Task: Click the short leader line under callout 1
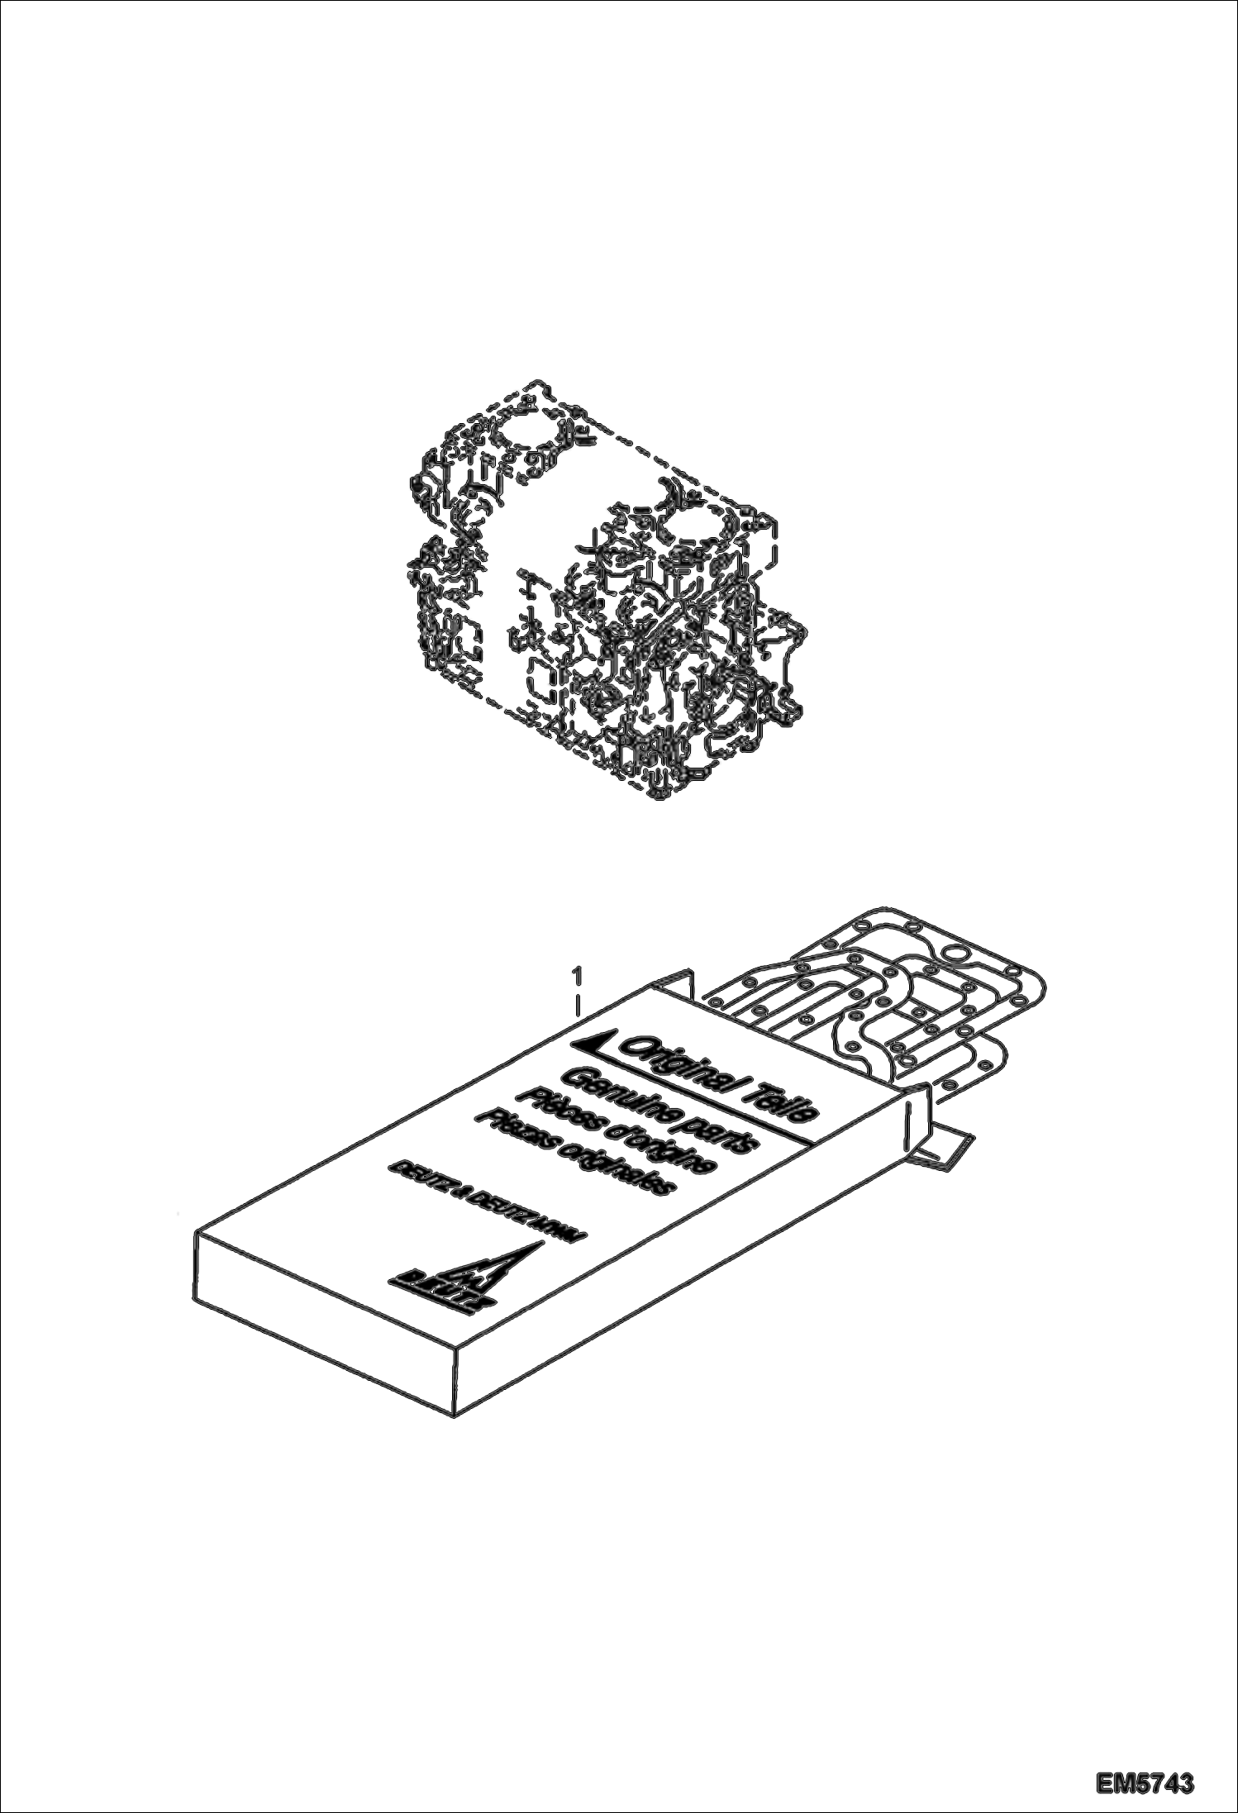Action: pos(579,1007)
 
